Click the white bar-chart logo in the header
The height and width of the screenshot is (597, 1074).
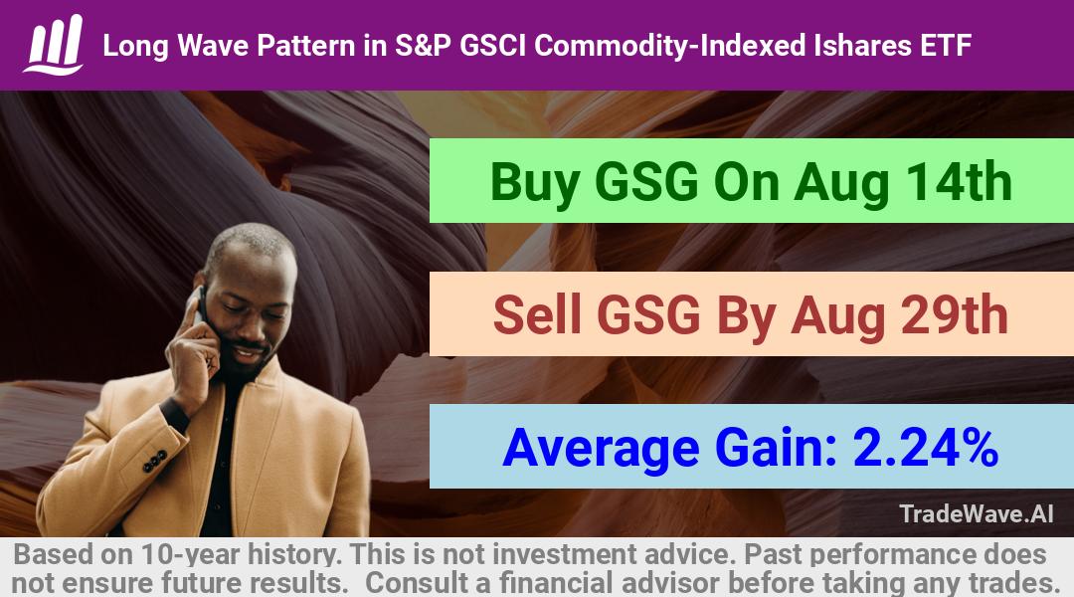coord(54,44)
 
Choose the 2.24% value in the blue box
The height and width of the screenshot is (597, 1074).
coord(926,448)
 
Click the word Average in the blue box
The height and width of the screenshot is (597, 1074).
coord(601,449)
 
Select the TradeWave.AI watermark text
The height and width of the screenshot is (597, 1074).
coord(977,513)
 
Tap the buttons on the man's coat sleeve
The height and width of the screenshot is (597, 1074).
coord(155,461)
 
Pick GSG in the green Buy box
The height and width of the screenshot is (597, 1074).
coord(647,182)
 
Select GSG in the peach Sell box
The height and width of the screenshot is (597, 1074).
coord(648,314)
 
